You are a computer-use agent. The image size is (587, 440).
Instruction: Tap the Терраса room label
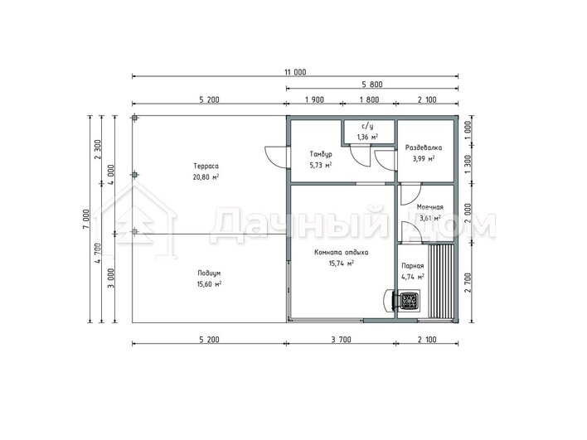click(206, 166)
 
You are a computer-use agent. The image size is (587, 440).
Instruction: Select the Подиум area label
click(209, 273)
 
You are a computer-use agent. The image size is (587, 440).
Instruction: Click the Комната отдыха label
click(341, 252)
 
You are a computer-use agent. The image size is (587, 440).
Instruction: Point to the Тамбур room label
click(321, 154)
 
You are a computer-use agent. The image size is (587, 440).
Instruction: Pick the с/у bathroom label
click(367, 127)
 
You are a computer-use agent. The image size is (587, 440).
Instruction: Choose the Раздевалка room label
click(424, 147)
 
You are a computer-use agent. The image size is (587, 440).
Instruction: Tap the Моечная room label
click(429, 207)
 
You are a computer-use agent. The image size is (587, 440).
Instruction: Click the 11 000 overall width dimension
click(295, 72)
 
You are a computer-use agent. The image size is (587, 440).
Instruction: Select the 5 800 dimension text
click(372, 85)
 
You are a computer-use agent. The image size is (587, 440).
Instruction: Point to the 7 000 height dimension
click(86, 219)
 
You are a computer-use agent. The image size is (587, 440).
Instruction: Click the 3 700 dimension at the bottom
click(341, 340)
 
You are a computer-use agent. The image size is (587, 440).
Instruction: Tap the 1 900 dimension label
click(314, 100)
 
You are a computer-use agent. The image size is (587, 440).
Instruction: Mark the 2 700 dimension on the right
click(468, 283)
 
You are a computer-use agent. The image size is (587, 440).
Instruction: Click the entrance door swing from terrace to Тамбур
click(276, 156)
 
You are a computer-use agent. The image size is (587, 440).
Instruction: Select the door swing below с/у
click(360, 156)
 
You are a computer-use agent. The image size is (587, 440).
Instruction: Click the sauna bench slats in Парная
click(441, 281)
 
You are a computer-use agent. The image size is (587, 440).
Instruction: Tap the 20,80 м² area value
click(206, 177)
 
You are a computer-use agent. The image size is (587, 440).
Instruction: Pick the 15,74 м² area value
click(341, 264)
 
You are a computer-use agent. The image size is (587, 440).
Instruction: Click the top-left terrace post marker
click(134, 118)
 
